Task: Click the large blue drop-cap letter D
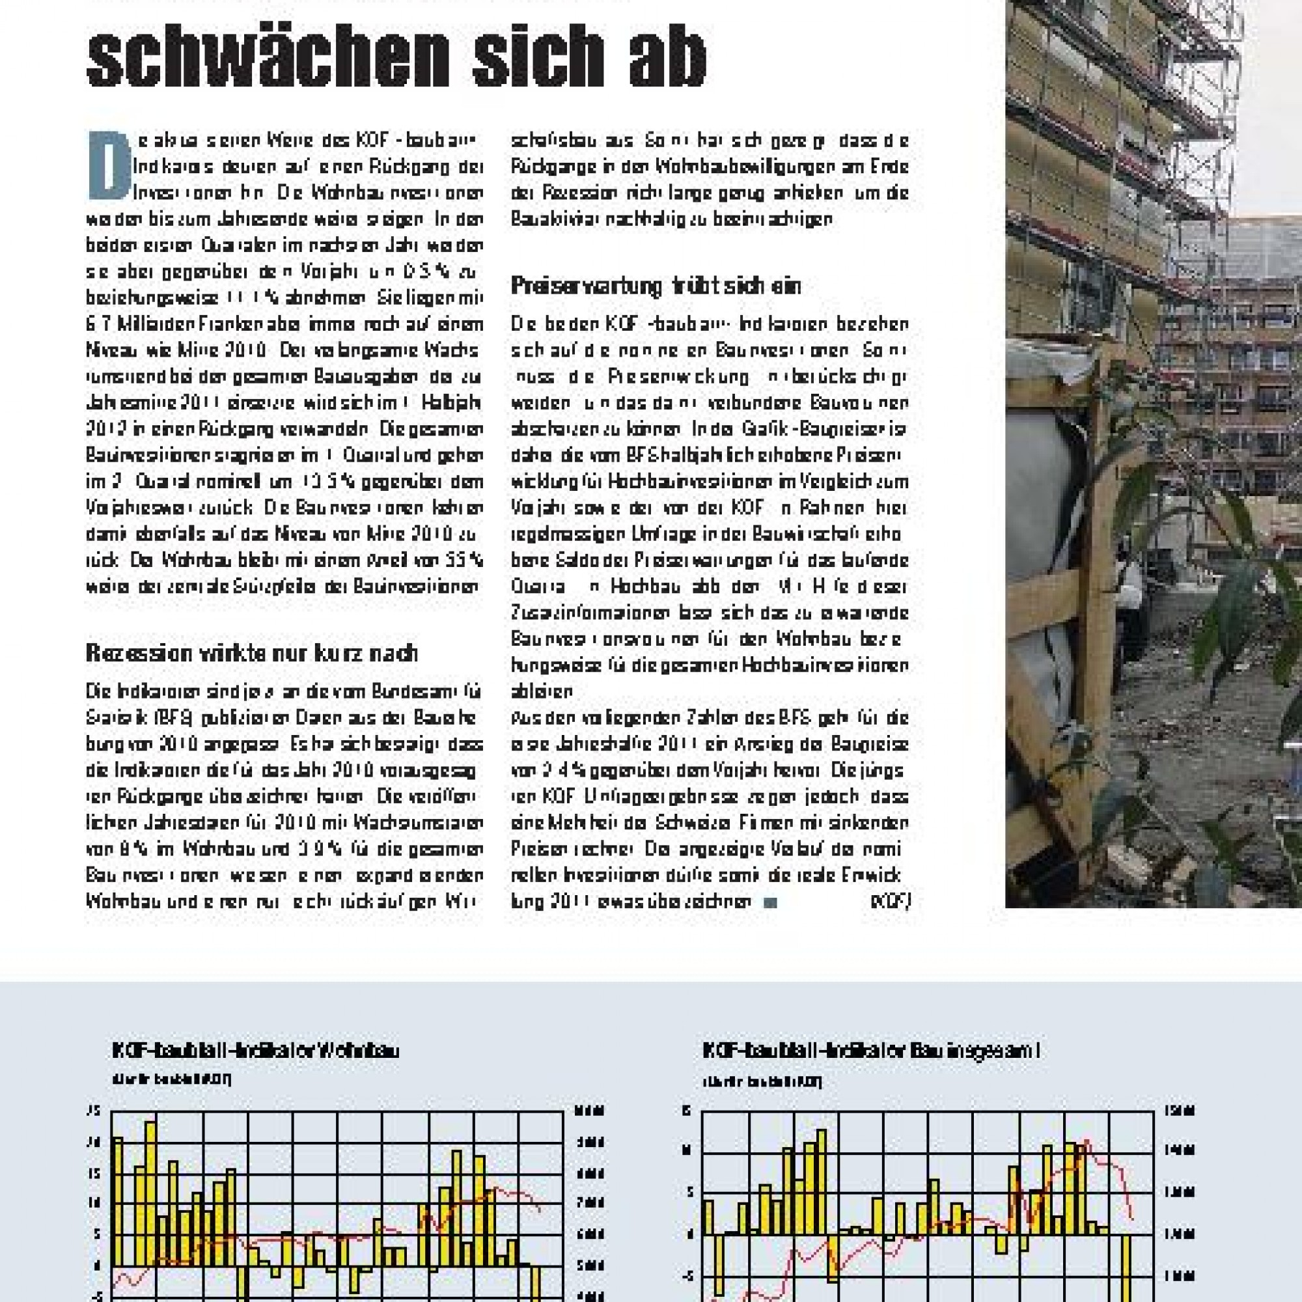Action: click(109, 166)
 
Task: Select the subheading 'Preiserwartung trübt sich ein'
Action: click(655, 286)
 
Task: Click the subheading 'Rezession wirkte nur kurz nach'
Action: click(252, 653)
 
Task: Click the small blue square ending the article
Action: click(770, 903)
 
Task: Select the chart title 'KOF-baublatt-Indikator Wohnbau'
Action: click(256, 1051)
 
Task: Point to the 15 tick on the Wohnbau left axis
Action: click(94, 1173)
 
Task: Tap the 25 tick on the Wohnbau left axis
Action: click(94, 1111)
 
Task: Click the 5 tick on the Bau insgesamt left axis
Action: click(688, 1192)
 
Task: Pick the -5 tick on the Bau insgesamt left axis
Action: click(687, 1276)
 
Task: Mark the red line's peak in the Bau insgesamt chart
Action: click(1087, 1141)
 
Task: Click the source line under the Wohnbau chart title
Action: click(172, 1079)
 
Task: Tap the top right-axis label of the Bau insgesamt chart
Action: click(1180, 1111)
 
